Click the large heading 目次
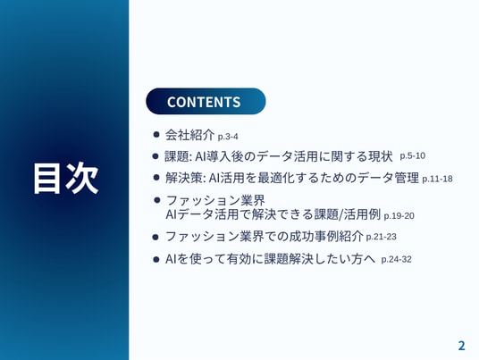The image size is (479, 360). [65, 179]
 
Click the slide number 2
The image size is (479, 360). [461, 346]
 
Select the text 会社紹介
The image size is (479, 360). [189, 135]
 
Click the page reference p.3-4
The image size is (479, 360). [228, 137]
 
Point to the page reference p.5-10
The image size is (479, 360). [412, 156]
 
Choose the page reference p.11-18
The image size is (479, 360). [437, 179]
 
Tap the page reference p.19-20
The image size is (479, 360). [399, 216]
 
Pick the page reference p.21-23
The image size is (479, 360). [381, 237]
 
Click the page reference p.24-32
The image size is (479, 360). [396, 260]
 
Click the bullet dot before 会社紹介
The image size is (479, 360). [156, 134]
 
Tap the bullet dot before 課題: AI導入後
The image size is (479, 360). [155, 156]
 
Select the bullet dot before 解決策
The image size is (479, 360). [156, 178]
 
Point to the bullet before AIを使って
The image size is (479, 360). [155, 260]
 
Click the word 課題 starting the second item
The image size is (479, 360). [177, 156]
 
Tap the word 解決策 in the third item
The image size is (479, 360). [183, 178]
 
